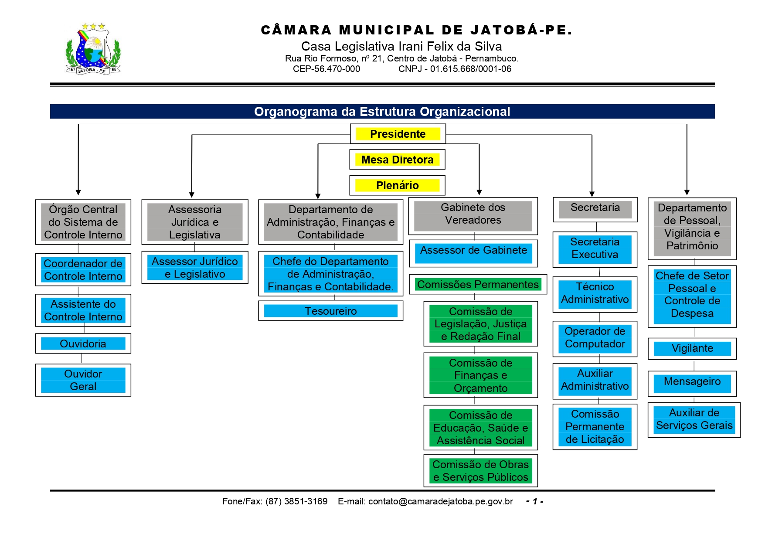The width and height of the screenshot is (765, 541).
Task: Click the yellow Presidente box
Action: click(398, 134)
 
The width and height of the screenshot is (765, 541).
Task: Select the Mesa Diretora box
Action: click(397, 160)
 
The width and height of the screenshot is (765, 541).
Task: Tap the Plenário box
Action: click(397, 185)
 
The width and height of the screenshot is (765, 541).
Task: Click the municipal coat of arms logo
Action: click(93, 49)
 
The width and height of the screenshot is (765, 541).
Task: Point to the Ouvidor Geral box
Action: click(83, 380)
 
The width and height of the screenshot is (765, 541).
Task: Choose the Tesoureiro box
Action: click(330, 311)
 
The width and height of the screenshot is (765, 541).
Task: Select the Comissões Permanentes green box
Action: click(478, 284)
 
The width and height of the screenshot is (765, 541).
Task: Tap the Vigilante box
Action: click(692, 348)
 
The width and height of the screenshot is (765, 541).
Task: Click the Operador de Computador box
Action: click(595, 338)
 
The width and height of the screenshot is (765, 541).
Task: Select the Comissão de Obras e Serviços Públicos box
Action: click(480, 471)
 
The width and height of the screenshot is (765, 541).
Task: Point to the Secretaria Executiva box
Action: click(595, 248)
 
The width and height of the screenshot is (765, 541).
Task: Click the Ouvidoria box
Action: click(83, 344)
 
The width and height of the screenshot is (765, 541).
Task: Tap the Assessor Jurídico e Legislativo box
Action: click(195, 268)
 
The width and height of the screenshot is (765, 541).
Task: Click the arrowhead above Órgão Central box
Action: click(78, 192)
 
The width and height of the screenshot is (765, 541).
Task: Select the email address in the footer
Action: click(440, 501)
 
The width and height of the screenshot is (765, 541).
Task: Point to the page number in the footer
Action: click(534, 501)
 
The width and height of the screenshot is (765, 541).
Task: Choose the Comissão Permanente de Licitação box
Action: click(595, 427)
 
